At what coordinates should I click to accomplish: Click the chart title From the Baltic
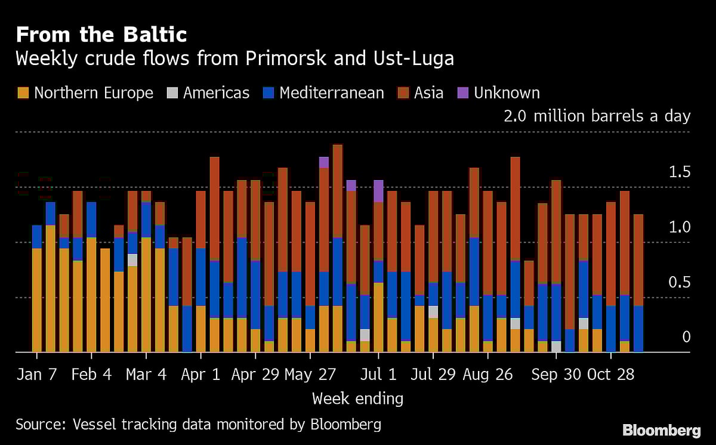[101, 35]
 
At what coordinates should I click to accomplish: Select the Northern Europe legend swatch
[23, 93]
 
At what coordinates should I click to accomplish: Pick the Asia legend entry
[421, 93]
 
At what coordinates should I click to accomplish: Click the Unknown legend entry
[499, 93]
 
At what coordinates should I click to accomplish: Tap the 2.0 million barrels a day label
[597, 116]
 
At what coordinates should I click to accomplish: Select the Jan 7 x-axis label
[36, 374]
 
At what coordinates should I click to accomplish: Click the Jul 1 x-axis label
[378, 374]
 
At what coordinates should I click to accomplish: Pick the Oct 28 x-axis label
[611, 374]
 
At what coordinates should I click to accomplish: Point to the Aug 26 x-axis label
[487, 374]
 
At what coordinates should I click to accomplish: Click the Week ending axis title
[357, 398]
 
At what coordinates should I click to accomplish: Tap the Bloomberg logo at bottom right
[661, 430]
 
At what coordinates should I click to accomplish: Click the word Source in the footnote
[40, 425]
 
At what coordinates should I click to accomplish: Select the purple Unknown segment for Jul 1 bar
[378, 191]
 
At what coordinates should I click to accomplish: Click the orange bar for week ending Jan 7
[37, 300]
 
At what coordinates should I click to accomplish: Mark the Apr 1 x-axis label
[201, 374]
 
